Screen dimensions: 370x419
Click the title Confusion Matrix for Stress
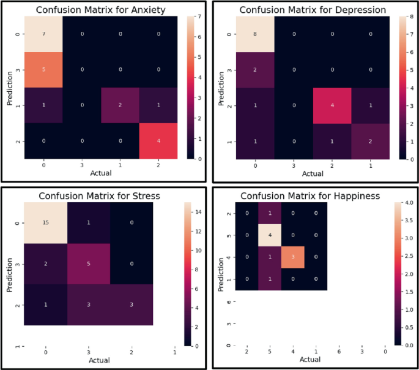100,197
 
